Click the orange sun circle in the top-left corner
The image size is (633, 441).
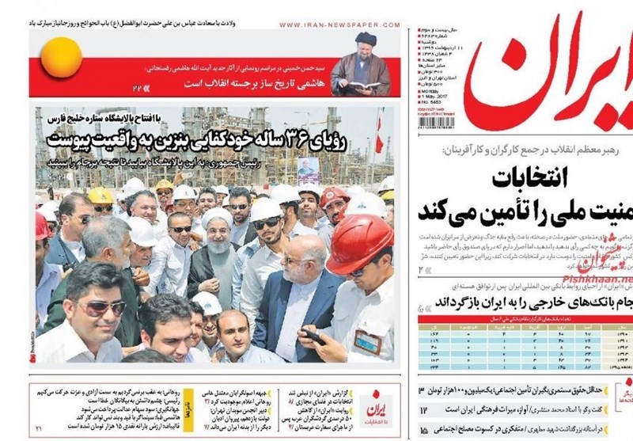pos(61,58)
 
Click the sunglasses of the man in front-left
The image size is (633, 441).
pos(100,307)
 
